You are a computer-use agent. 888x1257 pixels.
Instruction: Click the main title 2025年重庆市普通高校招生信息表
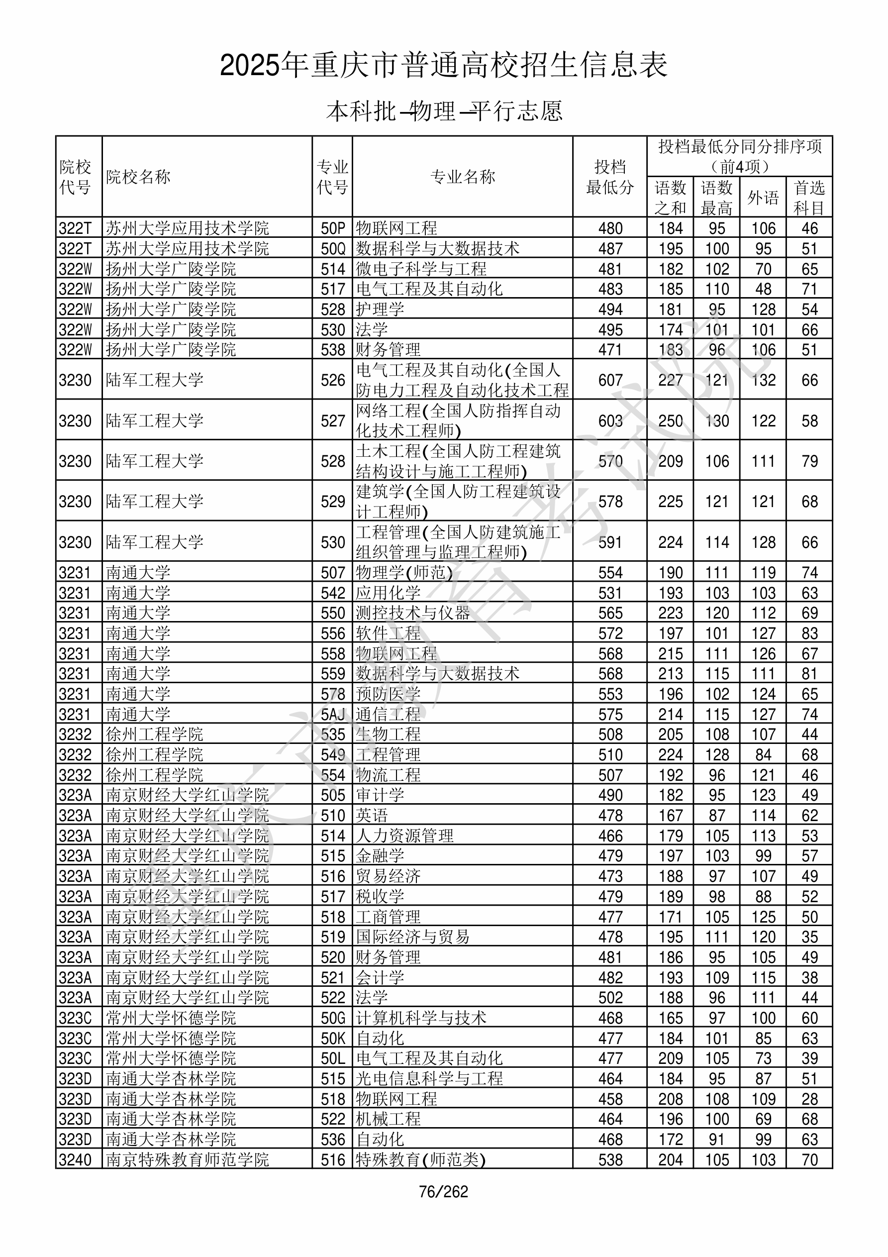[443, 65]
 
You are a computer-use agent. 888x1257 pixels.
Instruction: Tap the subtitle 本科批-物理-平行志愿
[443, 111]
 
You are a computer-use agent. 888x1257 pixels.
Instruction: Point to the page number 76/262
[443, 1192]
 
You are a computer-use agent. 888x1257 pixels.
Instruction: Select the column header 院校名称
[138, 177]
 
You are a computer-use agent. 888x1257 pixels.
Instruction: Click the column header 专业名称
[463, 177]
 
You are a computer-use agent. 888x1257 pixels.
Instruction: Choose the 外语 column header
[763, 197]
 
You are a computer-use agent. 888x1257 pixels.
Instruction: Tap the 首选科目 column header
[809, 197]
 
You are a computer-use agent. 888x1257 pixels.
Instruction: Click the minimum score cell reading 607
[610, 380]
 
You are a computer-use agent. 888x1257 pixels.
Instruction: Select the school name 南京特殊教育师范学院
[187, 1159]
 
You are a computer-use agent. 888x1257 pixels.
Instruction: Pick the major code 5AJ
[333, 715]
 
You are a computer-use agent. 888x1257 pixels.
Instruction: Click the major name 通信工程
[388, 715]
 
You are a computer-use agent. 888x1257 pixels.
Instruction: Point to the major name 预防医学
[388, 694]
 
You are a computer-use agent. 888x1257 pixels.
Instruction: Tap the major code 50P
[333, 228]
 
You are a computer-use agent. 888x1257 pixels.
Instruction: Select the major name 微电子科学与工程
[421, 269]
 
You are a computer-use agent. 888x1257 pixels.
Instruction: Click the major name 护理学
[380, 310]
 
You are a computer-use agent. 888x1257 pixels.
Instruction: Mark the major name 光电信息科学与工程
[429, 1078]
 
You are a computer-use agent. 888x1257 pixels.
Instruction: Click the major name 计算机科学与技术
[421, 1018]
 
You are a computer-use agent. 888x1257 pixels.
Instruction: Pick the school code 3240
[75, 1159]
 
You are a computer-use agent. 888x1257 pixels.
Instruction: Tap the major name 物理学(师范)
[404, 573]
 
